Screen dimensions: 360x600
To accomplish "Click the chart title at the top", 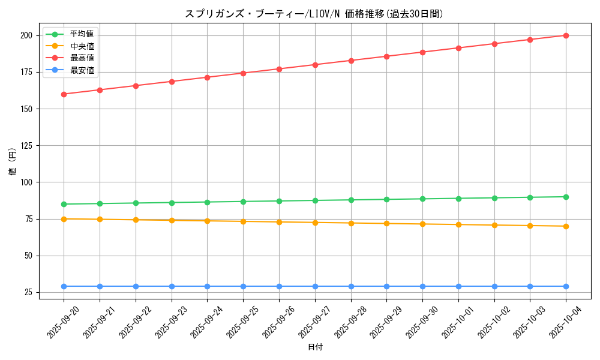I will coord(315,14).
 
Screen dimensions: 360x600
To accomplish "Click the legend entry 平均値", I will coord(82,34).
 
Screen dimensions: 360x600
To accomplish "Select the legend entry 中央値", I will coord(82,46).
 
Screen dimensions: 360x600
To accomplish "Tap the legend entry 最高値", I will coord(82,58).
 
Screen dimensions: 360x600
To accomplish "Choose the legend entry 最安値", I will coord(82,70).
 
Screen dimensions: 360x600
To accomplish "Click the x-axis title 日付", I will coord(315,347).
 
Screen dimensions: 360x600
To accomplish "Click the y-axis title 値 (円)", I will coord(12,162).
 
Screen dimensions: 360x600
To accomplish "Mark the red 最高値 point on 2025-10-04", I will coord(566,35).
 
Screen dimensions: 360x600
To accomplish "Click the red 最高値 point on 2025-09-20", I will coord(64,94).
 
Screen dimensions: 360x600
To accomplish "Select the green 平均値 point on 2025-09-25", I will coord(243,202).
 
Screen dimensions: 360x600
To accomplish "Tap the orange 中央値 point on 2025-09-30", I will coord(422,224).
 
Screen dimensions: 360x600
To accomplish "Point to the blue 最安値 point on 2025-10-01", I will coord(458,286).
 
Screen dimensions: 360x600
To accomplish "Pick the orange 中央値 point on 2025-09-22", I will coord(136,220).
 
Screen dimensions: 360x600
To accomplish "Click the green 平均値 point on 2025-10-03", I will coord(530,197).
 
